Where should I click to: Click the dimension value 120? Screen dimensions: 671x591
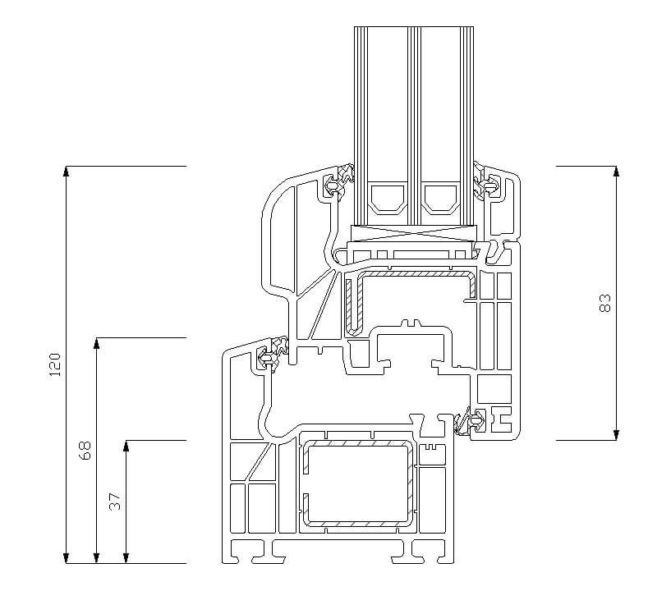pyautogui.click(x=56, y=364)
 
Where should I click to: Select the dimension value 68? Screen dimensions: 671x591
pyautogui.click(x=85, y=450)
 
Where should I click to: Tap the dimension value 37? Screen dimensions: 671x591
pyautogui.click(x=115, y=502)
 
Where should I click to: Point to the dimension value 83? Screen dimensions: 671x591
pyautogui.click(x=605, y=303)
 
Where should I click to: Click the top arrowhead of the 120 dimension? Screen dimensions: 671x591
pyautogui.click(x=66, y=171)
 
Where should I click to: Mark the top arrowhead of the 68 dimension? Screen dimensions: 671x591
pyautogui.click(x=97, y=343)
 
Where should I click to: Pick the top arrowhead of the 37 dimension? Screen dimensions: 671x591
pyautogui.click(x=126, y=446)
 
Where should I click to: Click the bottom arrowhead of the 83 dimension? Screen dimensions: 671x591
pyautogui.click(x=616, y=435)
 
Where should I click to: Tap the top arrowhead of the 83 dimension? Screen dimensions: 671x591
pyautogui.click(x=616, y=171)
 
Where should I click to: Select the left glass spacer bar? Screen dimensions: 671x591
pyautogui.click(x=388, y=199)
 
